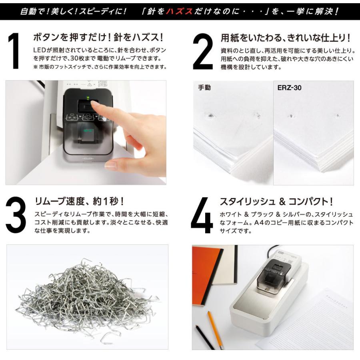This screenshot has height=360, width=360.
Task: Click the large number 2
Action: (x=203, y=52)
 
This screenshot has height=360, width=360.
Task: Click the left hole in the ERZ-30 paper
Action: (x=291, y=116)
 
